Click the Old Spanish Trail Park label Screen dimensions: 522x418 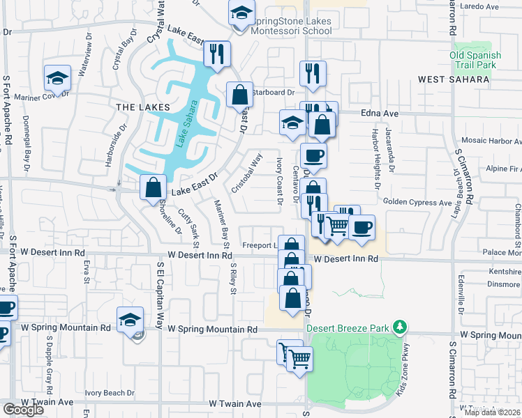[x=475, y=61]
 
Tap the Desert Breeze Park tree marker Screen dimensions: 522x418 [x=399, y=326]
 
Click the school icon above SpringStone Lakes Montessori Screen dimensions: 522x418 [x=241, y=13]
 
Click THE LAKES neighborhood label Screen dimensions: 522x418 [x=142, y=107]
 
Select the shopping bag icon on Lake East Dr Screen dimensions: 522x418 [x=153, y=187]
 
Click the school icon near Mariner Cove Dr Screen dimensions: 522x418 [x=57, y=78]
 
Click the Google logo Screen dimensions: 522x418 [x=23, y=410]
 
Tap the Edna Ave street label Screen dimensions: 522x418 [x=379, y=113]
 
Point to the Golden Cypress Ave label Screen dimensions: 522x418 [x=417, y=202]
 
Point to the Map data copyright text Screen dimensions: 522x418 [x=491, y=412]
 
